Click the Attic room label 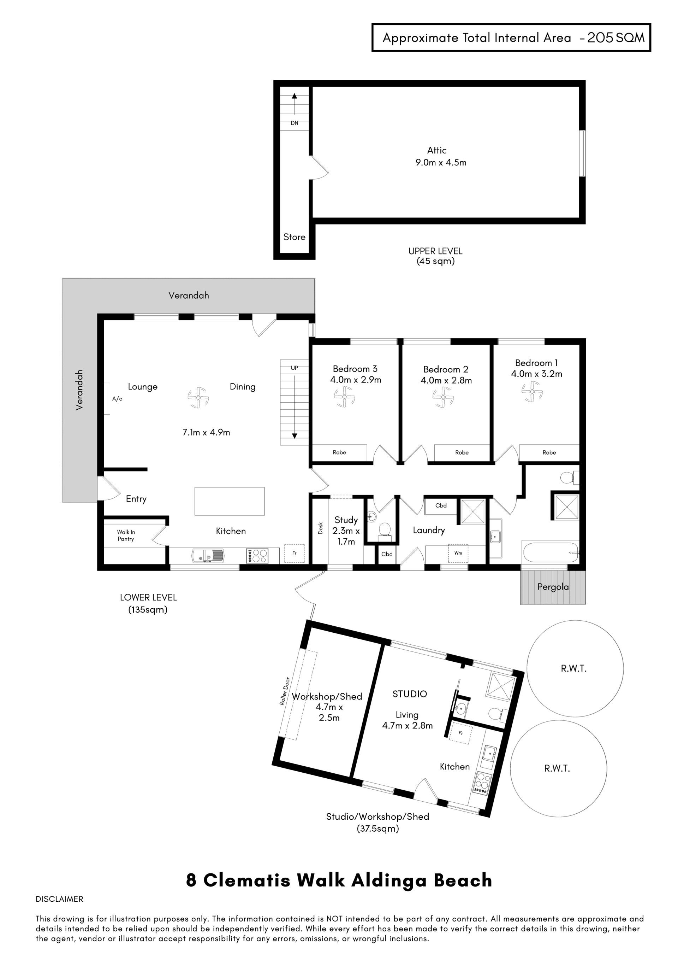coord(436,150)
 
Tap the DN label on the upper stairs coord(295,123)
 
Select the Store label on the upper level coord(294,237)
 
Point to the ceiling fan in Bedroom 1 coord(532,392)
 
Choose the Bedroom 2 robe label coord(462,452)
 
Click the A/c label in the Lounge coord(117,399)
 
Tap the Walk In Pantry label coord(126,535)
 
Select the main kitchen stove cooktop coord(257,556)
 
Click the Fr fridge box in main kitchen coord(295,553)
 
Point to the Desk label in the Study coord(320,528)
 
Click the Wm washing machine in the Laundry coord(458,553)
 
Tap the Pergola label coord(553,587)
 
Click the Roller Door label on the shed coord(285,692)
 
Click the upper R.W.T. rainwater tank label coord(573,669)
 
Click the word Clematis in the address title coord(246,880)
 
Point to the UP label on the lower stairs coord(295,368)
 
